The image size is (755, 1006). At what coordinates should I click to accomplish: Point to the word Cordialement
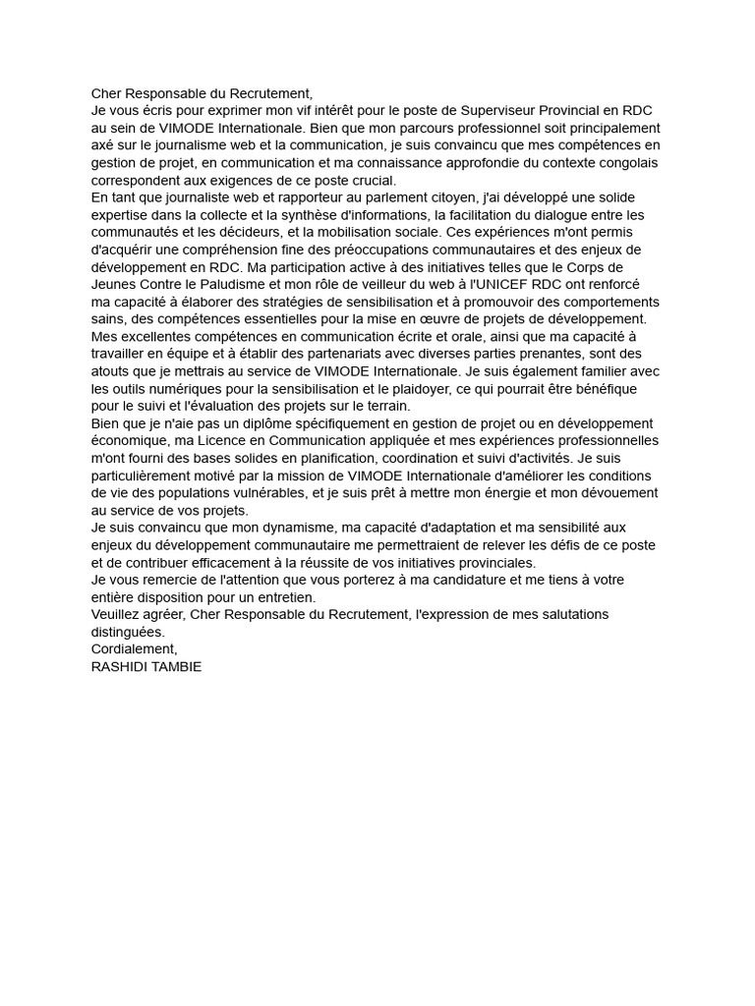pyautogui.click(x=134, y=649)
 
